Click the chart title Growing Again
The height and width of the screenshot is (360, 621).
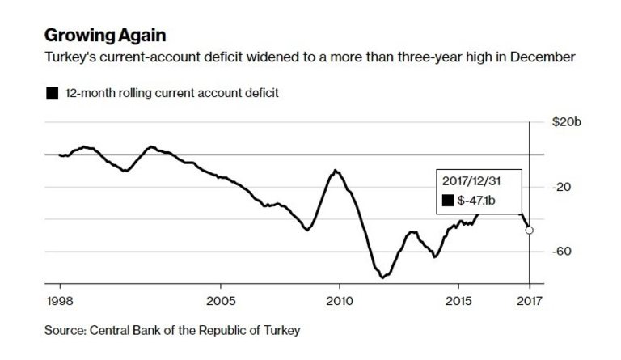[x=106, y=36]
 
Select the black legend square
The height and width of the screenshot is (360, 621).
[x=52, y=94]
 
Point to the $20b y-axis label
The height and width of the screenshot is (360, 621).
[x=566, y=122]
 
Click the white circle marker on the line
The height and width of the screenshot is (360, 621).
[x=530, y=230]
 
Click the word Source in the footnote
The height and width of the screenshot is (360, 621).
[x=67, y=330]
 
